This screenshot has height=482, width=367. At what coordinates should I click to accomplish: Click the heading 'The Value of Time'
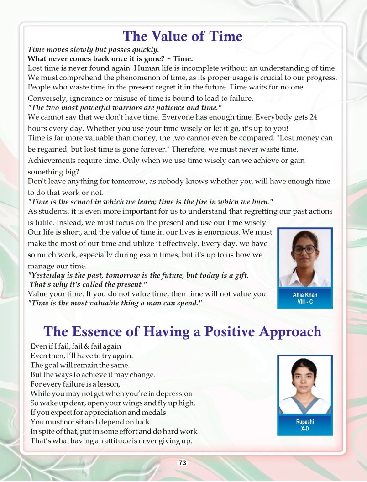point(183,36)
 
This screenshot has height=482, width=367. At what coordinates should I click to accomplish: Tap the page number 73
point(183,463)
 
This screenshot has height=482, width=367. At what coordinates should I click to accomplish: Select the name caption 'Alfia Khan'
point(305,295)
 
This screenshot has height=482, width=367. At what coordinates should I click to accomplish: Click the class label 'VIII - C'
point(305,302)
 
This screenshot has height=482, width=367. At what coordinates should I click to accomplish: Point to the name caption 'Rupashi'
point(305,422)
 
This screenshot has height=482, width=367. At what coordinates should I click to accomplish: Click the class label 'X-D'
point(305,429)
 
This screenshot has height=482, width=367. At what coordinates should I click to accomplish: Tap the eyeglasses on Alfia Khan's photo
point(304,250)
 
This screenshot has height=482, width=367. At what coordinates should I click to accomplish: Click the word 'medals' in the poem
point(154,412)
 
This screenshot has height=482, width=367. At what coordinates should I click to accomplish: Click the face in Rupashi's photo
point(304,377)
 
